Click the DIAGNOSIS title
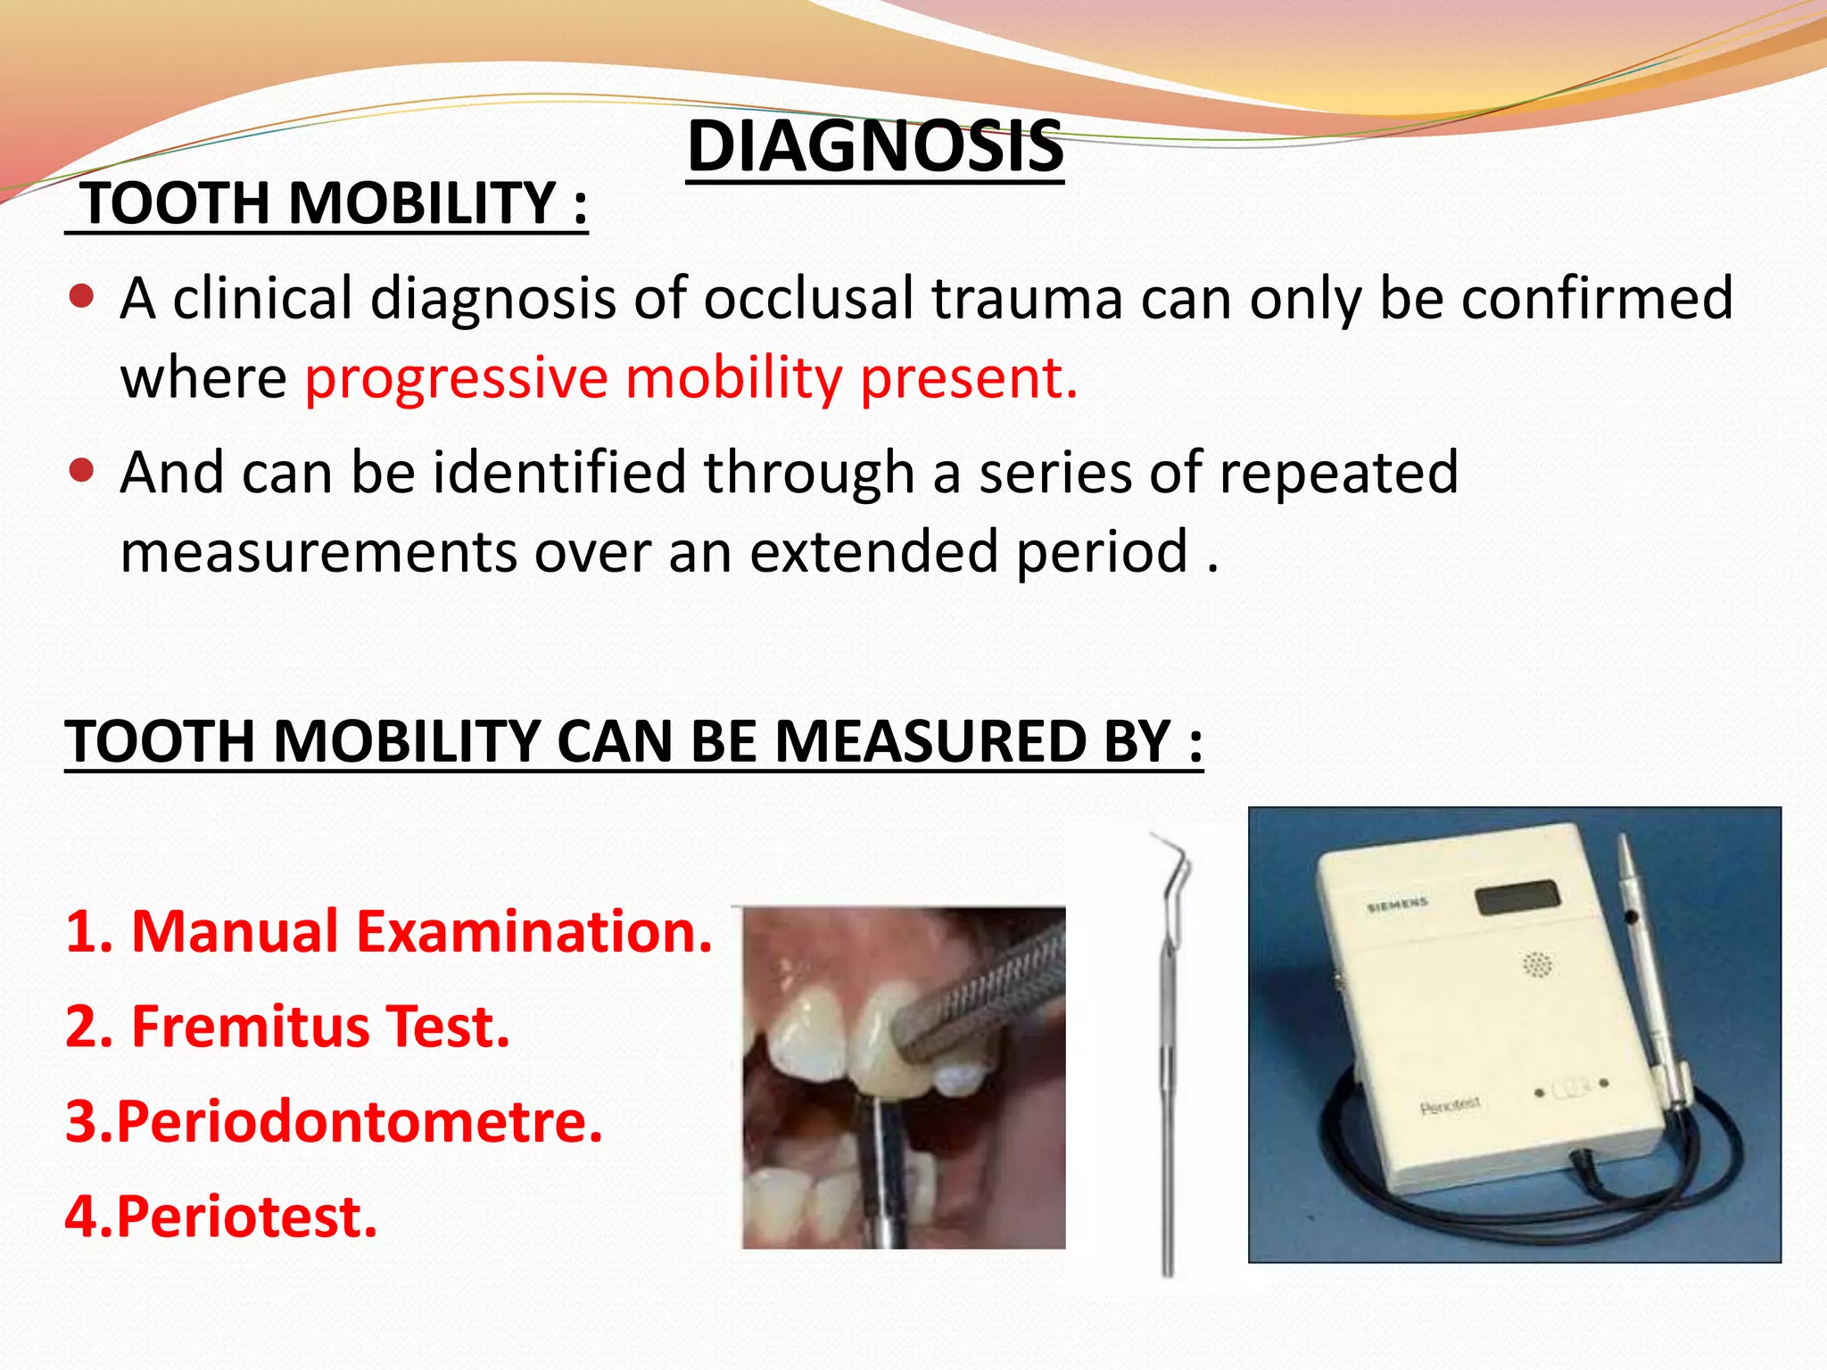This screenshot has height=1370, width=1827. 875,146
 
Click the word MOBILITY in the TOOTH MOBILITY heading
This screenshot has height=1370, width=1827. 423,203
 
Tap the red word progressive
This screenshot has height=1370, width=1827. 456,377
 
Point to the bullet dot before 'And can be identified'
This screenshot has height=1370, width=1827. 81,470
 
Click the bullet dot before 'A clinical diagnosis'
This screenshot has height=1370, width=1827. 81,296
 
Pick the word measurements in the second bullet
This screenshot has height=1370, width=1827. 318,551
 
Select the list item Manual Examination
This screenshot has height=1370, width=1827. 389,931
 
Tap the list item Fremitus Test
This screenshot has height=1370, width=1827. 287,1027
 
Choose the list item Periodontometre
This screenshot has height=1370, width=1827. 334,1121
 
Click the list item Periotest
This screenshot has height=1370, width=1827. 221,1217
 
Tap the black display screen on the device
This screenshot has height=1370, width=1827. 1517,896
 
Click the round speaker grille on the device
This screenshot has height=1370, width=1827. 1536,964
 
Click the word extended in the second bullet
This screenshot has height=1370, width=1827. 874,551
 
